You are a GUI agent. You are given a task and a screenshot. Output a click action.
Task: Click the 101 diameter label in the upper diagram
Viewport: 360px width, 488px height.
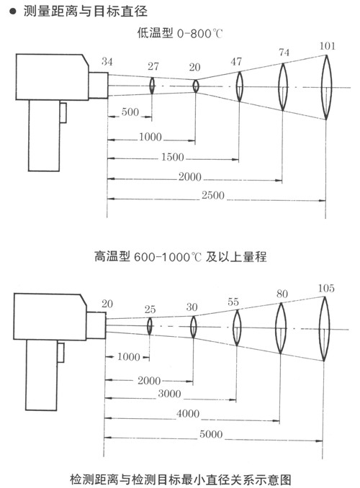[328, 46]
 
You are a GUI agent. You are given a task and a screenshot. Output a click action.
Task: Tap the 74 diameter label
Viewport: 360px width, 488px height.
[284, 53]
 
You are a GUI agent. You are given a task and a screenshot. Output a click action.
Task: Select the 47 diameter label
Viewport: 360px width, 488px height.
[236, 62]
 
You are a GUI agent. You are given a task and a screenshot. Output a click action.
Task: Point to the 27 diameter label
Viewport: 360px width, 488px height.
[153, 66]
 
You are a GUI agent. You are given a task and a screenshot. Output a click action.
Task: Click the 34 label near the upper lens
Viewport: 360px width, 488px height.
[107, 62]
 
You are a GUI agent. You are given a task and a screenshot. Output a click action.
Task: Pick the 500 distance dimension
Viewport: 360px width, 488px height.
[130, 112]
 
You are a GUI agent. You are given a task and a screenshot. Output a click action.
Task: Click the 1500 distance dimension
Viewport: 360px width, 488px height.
[173, 157]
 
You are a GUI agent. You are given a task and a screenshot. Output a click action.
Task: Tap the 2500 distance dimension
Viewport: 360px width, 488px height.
[213, 196]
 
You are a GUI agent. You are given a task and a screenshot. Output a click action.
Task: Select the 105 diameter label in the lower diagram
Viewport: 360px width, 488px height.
[326, 288]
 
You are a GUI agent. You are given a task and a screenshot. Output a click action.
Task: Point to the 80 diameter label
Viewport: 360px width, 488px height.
[282, 294]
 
